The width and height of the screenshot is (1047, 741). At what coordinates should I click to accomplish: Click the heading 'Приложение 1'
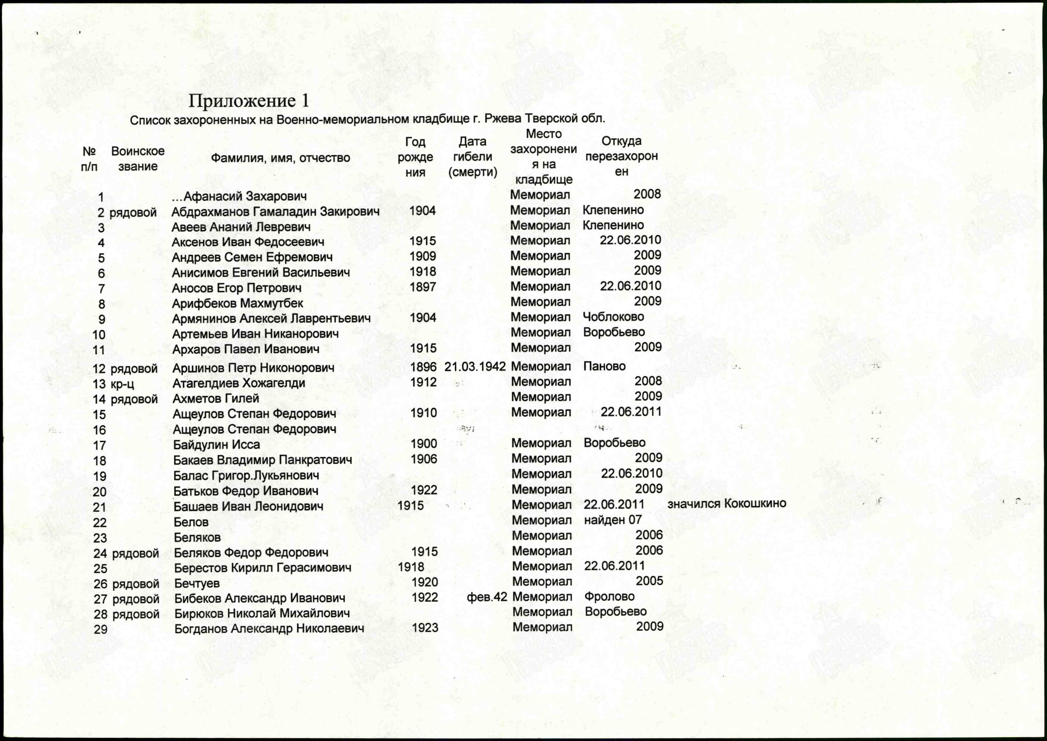[x=249, y=101]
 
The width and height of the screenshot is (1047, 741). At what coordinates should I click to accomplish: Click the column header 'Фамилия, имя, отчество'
[x=280, y=158]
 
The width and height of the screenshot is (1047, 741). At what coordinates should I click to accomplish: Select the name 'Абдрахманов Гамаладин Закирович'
[x=275, y=212]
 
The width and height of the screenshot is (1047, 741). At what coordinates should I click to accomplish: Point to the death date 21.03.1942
[x=475, y=366]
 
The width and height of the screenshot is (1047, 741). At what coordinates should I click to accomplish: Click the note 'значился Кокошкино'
[x=727, y=504]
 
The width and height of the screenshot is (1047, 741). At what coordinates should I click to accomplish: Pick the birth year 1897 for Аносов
[x=423, y=287]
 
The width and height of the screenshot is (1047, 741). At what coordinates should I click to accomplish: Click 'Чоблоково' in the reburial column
[x=613, y=317]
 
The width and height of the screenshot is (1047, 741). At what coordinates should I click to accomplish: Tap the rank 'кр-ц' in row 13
[x=122, y=384]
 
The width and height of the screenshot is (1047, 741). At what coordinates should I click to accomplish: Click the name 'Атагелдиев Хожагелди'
[x=239, y=383]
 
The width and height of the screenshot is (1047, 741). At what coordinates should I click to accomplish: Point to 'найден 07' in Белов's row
[x=612, y=520]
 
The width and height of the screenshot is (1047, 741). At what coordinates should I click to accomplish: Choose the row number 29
[x=101, y=630]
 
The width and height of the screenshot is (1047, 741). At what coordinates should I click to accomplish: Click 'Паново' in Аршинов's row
[x=604, y=366]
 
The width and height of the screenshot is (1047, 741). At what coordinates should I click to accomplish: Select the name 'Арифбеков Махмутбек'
[x=237, y=303]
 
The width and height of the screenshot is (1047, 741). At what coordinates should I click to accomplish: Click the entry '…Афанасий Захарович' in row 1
[x=239, y=197]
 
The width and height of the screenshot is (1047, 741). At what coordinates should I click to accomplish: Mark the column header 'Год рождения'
[x=415, y=157]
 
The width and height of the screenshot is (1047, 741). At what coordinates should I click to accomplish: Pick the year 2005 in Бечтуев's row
[x=649, y=581]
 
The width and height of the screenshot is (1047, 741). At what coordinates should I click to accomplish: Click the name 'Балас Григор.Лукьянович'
[x=246, y=476]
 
